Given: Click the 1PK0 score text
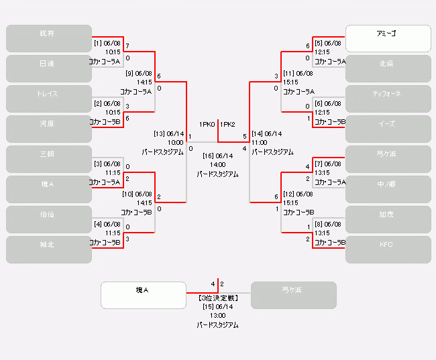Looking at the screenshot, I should pyautogui.click(x=207, y=125).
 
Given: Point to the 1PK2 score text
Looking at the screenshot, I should pyautogui.click(x=227, y=125).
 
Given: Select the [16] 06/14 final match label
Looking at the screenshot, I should pyautogui.click(x=217, y=156).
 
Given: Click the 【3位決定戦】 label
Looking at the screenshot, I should pyautogui.click(x=217, y=298).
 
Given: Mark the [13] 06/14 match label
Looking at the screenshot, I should pyautogui.click(x=168, y=133).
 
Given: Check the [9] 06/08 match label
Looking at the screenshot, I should pyautogui.click(x=139, y=73).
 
